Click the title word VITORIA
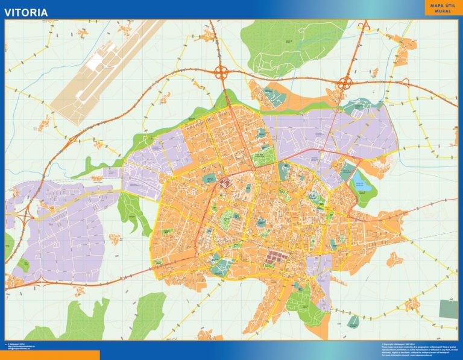pos(27,11)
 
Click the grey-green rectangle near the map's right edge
pos(448,308)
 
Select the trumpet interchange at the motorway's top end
pos(364,26)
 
